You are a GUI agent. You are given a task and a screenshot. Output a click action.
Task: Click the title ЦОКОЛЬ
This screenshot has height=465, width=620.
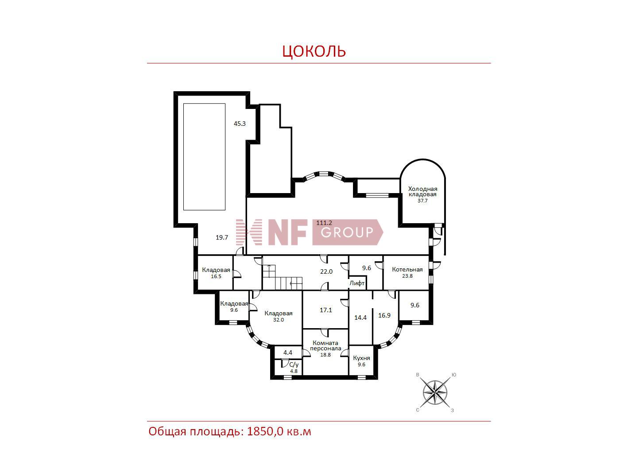pyautogui.click(x=314, y=51)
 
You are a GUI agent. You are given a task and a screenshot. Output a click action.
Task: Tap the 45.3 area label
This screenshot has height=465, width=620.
pyautogui.click(x=240, y=124)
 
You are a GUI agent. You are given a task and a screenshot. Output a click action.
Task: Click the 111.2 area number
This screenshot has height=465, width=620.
pyautogui.click(x=324, y=223)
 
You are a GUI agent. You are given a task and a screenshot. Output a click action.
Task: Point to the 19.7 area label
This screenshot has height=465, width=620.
pyautogui.click(x=222, y=237)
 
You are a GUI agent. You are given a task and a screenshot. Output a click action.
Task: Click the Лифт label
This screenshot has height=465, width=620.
pyautogui.click(x=357, y=283)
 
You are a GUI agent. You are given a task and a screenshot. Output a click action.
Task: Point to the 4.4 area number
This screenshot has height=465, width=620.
pyautogui.click(x=288, y=353)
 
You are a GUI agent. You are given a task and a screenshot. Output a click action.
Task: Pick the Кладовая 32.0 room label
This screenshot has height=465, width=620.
pyautogui.click(x=279, y=316)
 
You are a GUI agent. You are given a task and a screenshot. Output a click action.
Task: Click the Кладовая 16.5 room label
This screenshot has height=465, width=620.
pyautogui.click(x=216, y=273)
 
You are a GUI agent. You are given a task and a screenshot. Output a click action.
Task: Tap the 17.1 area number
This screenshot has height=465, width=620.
pyautogui.click(x=325, y=310)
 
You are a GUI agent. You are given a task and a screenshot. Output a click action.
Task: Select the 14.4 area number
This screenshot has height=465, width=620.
pyautogui.click(x=360, y=318)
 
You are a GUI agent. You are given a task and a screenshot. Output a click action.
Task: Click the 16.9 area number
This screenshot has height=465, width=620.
pyautogui.click(x=384, y=315)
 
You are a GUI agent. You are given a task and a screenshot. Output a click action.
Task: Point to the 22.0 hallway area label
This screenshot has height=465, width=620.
pyautogui.click(x=326, y=271)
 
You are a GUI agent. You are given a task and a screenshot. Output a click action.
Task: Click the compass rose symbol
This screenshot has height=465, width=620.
pyautogui.click(x=435, y=392)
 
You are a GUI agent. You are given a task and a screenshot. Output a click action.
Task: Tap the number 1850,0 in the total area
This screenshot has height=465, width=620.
pyautogui.click(x=265, y=432)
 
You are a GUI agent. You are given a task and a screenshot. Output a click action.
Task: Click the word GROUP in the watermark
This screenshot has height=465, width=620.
pyautogui.click(x=347, y=232)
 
